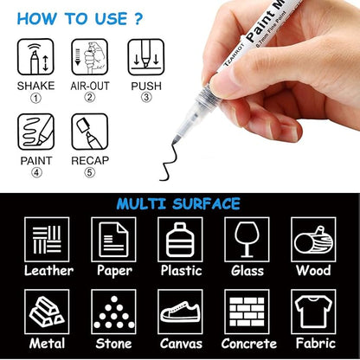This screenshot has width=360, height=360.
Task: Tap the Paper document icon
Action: (112, 240)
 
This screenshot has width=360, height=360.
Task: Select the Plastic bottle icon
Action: (180, 240)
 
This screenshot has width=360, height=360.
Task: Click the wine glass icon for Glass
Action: (247, 240)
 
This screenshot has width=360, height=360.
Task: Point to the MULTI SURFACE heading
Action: (180, 203)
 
